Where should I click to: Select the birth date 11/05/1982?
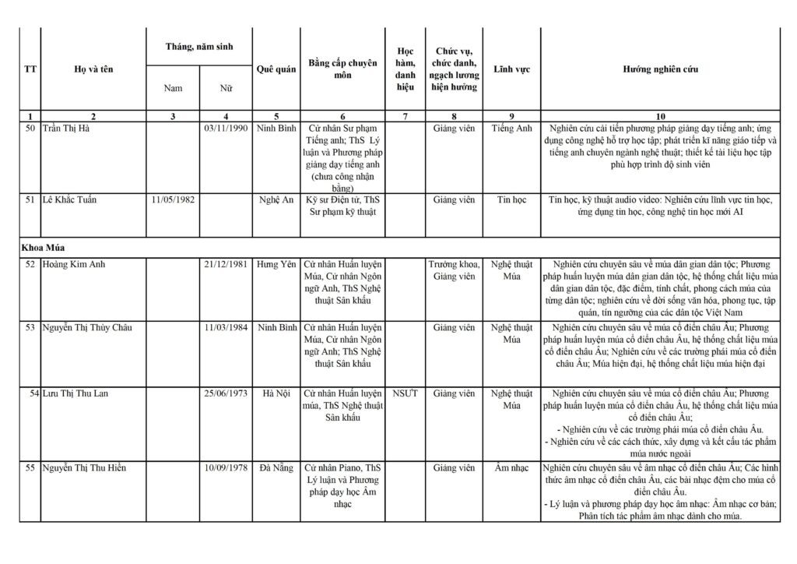[x=173, y=200]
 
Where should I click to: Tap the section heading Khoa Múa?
[x=43, y=247]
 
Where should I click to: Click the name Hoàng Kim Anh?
[x=74, y=265]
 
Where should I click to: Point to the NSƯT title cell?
[x=406, y=393]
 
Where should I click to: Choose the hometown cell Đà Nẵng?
[x=276, y=468]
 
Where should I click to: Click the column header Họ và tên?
[x=93, y=69]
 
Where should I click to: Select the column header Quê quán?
[x=276, y=69]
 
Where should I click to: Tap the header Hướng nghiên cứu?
[x=660, y=69]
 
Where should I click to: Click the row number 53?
[x=30, y=328]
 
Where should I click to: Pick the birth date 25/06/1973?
[x=226, y=393]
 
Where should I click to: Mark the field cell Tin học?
[x=511, y=200]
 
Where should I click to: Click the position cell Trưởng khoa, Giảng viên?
[x=455, y=270]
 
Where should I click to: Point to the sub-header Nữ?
[x=226, y=88]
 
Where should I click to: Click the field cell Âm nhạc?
[x=511, y=468]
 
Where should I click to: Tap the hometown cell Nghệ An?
[x=276, y=200]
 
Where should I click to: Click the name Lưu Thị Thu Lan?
[x=75, y=393]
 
